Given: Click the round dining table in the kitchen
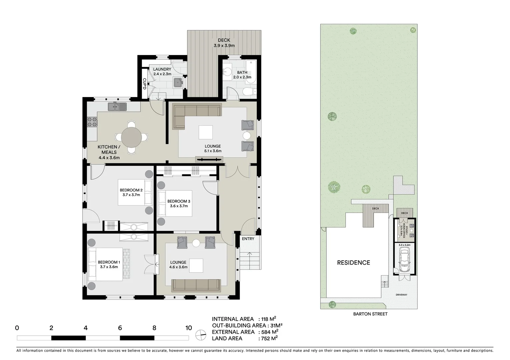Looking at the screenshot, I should point(131,137).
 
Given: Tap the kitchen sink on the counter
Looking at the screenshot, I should point(117,107).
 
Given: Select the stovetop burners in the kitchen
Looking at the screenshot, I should point(92,122).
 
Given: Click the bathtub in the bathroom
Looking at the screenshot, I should point(251,72).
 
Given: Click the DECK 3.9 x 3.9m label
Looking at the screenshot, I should point(224,43).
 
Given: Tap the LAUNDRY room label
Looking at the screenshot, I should point(162,71).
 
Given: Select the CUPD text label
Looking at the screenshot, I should point(144,84).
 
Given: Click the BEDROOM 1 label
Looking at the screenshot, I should point(109,264).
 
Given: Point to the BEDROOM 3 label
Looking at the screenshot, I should point(179,203).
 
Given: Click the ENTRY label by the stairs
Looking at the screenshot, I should point(248,239).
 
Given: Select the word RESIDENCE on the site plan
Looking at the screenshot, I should point(353,263).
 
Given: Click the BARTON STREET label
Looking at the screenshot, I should point(370,314).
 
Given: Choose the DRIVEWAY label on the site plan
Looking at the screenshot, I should point(401,295).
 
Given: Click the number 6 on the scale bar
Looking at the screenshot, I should point(120,328).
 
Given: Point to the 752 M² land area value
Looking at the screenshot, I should point(269,338).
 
